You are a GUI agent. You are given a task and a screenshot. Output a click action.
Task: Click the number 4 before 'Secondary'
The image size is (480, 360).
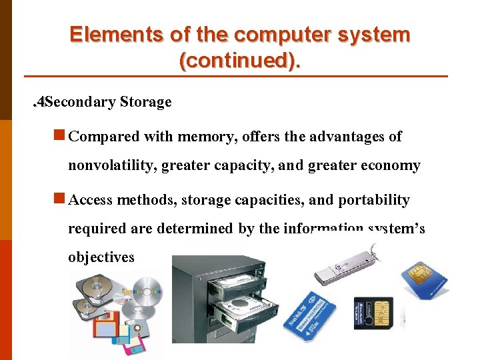click(41, 102)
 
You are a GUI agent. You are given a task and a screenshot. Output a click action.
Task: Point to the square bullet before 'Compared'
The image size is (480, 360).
click(59, 136)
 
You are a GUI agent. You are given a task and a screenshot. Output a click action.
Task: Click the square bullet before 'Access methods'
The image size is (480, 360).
click(59, 199)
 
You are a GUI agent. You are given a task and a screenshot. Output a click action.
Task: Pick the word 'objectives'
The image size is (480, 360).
click(101, 257)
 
